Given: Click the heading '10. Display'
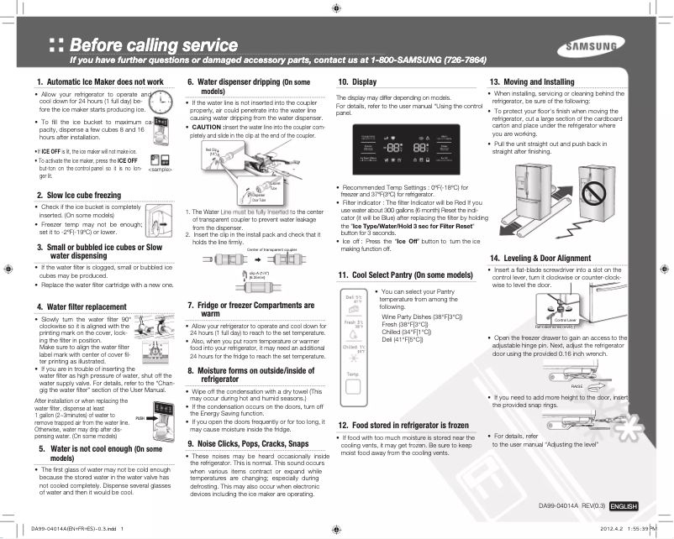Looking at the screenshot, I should pyautogui.click(x=356, y=81).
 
